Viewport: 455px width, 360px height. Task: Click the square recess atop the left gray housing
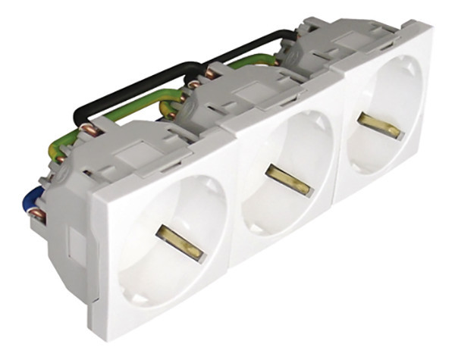(x=138, y=137)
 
